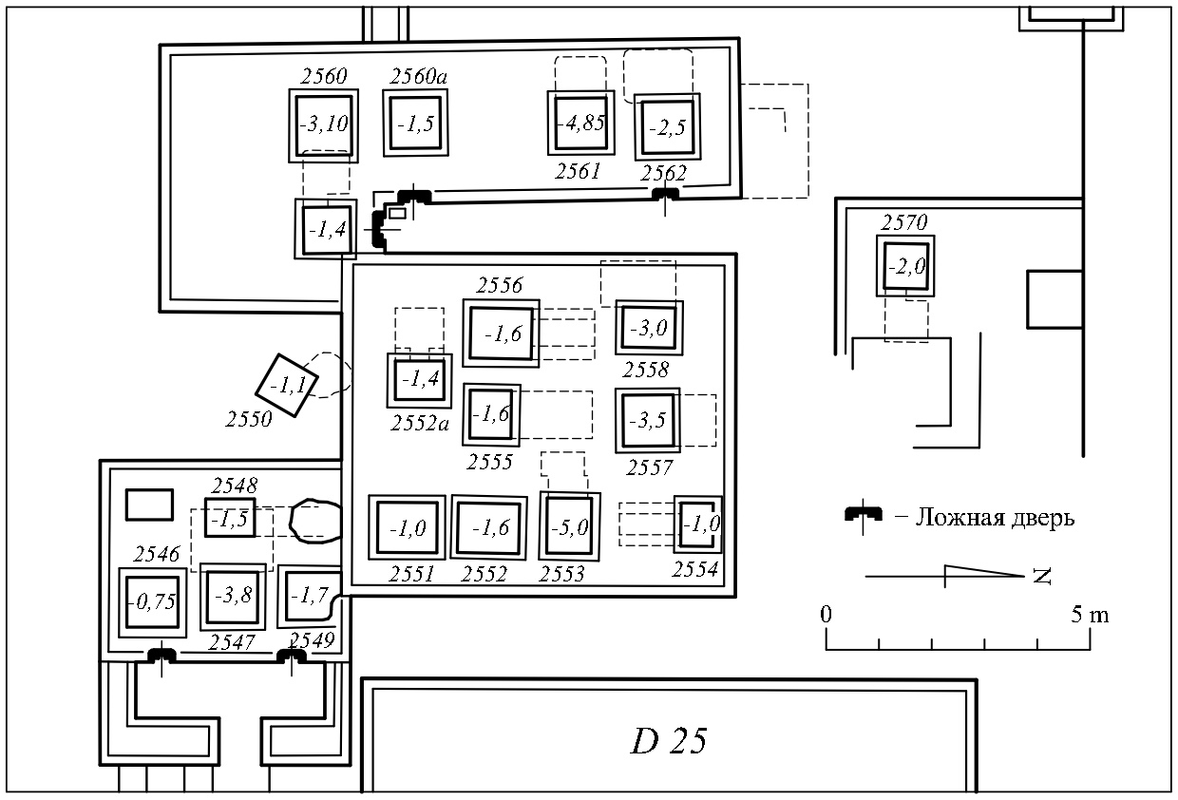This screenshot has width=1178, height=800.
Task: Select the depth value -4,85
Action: click(581, 124)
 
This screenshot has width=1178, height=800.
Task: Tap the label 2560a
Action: click(419, 77)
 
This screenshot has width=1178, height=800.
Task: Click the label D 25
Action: click(669, 741)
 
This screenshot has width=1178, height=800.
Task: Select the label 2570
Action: click(904, 222)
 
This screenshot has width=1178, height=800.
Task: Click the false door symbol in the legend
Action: click(863, 515)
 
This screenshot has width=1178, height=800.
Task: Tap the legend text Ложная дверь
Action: click(995, 518)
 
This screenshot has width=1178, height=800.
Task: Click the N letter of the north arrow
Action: click(1042, 576)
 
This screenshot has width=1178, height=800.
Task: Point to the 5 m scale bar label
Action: click(1090, 615)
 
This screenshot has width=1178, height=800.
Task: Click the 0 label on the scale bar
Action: click(826, 614)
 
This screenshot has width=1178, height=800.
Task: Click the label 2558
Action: click(646, 371)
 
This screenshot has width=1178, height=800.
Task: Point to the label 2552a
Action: click(420, 424)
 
